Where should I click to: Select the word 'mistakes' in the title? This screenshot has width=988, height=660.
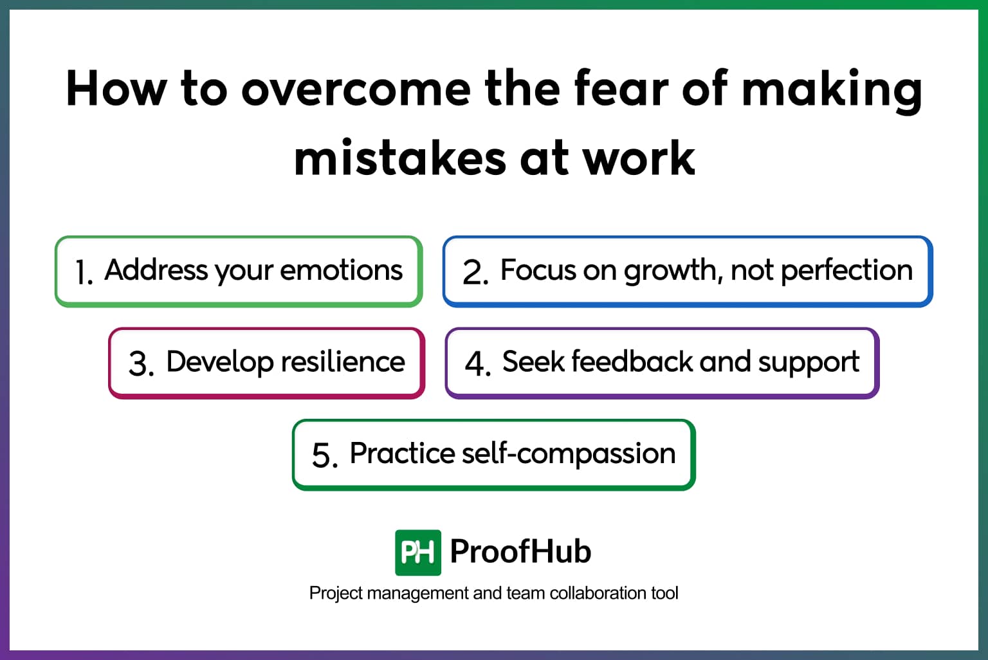[399, 158]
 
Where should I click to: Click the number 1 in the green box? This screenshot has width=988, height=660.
[82, 272]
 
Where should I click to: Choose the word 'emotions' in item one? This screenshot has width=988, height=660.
[341, 270]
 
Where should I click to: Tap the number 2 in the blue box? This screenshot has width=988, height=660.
[474, 272]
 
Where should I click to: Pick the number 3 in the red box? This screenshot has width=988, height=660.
[140, 363]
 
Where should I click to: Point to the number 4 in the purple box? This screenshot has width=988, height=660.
[477, 363]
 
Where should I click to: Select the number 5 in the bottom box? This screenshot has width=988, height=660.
[324, 455]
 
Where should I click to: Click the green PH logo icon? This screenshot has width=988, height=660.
[417, 552]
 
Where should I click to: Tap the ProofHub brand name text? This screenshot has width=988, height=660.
[520, 551]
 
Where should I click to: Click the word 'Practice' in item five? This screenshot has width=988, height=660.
[402, 454]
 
